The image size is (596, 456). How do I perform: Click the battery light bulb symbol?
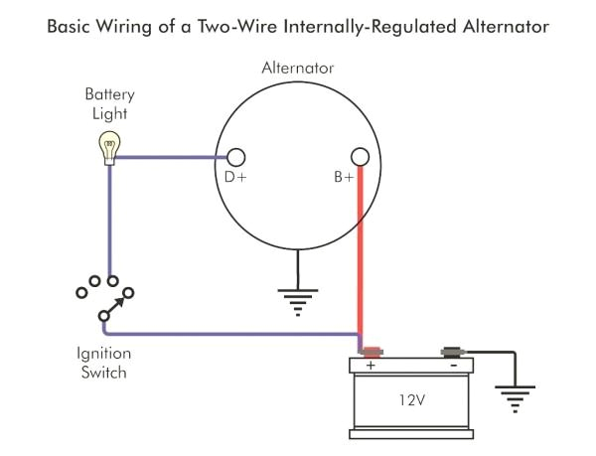(x=108, y=148)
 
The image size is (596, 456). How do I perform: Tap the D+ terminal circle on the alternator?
(x=236, y=157)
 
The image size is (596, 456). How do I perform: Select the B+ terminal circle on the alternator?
(x=361, y=157)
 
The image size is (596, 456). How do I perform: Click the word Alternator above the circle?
(x=297, y=69)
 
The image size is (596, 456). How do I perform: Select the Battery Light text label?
(x=108, y=103)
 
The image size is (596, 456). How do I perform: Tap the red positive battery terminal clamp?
(x=372, y=351)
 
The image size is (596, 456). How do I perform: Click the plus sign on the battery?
(x=372, y=366)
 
